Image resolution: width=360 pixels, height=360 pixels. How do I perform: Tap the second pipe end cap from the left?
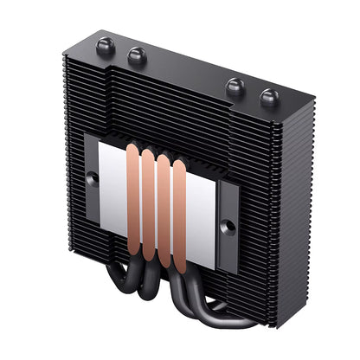pos(136,56)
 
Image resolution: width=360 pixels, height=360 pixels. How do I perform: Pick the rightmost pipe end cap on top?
pos(267,97)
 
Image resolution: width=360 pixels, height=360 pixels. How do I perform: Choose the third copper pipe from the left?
pos(164,212)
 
